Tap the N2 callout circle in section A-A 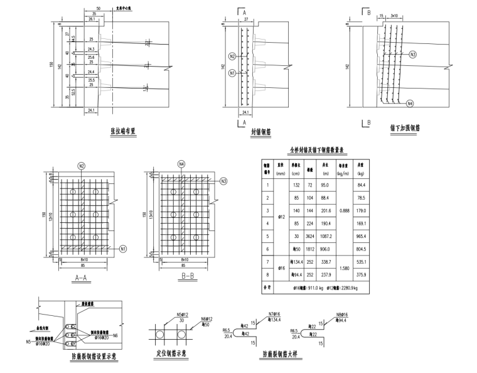[82, 166]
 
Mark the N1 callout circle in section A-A [124, 249]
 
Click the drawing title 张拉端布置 [124, 131]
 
